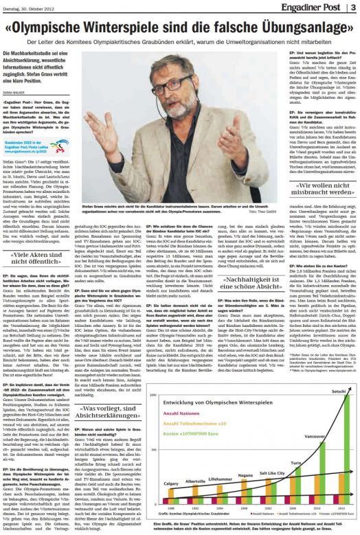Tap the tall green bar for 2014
click(334, 446)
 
